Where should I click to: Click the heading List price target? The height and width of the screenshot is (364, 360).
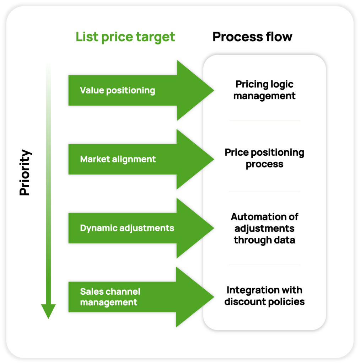tap(125, 37)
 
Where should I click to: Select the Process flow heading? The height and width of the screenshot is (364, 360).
tap(252, 37)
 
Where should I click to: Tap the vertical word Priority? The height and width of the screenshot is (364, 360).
tap(25, 173)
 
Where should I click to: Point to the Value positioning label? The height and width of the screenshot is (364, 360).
tap(117, 90)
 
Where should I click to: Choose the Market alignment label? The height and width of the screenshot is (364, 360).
tap(118, 159)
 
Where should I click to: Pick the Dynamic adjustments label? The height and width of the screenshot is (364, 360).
tap(127, 228)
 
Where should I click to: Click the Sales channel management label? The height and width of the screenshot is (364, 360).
tap(110, 297)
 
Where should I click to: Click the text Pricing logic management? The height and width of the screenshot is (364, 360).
tap(264, 90)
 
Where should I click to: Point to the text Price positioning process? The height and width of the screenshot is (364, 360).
tap(264, 158)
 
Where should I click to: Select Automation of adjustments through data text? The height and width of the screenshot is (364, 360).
tap(264, 228)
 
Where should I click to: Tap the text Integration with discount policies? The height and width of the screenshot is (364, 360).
tap(264, 296)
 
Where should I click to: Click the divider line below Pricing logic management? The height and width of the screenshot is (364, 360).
tap(264, 121)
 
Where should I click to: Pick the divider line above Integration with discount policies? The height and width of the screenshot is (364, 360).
tap(264, 265)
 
